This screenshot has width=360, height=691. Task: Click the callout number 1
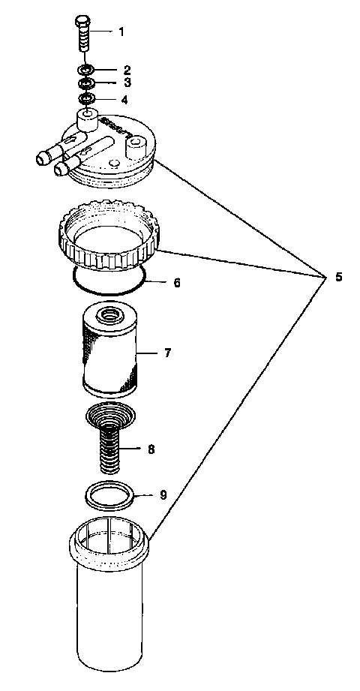pos(122,32)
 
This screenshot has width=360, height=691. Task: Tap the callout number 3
pos(127,82)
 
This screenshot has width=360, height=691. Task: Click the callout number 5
pos(338,277)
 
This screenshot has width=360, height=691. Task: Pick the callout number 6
pos(177,283)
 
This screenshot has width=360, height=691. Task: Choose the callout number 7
pos(168,352)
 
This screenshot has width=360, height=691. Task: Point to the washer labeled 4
pos(87,99)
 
